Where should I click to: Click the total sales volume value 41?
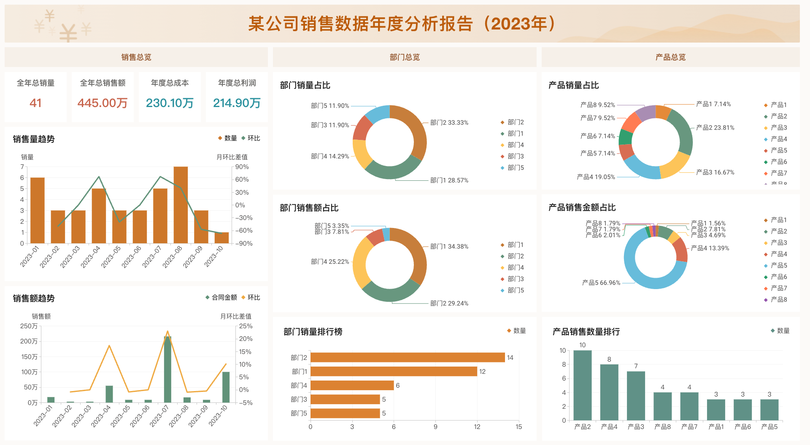pyautogui.click(x=35, y=103)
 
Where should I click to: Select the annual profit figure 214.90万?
pyautogui.click(x=237, y=103)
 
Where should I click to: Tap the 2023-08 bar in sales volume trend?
pyautogui.click(x=181, y=205)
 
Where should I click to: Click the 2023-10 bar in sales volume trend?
pyautogui.click(x=221, y=238)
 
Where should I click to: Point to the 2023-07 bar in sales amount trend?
pyautogui.click(x=167, y=369)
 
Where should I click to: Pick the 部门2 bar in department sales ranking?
pyautogui.click(x=408, y=357)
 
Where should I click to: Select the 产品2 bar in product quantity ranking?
pyautogui.click(x=582, y=385)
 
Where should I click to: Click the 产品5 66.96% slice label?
pyautogui.click(x=601, y=283)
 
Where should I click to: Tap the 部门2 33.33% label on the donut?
pyautogui.click(x=449, y=123)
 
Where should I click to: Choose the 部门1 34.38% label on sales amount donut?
pyautogui.click(x=449, y=247)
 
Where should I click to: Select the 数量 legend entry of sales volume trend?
pyautogui.click(x=227, y=138)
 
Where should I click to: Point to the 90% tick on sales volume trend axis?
pyautogui.click(x=242, y=167)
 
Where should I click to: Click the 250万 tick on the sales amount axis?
pyautogui.click(x=29, y=326)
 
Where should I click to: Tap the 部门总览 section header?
pyautogui.click(x=405, y=57)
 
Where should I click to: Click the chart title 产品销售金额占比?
pyautogui.click(x=582, y=207)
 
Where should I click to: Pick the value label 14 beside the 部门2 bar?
pyautogui.click(x=510, y=358)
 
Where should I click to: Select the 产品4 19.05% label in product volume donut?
pyautogui.click(x=596, y=177)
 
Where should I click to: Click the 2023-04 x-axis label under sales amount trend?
pyautogui.click(x=101, y=416)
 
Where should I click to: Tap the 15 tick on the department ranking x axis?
pyautogui.click(x=518, y=427)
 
